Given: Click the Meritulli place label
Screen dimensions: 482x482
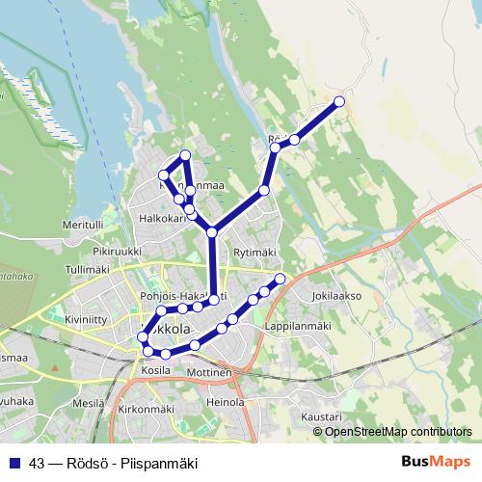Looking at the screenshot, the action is [82, 224].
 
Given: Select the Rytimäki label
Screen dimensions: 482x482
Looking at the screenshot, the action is [254, 253].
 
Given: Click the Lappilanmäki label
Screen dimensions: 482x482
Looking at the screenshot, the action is [298, 326].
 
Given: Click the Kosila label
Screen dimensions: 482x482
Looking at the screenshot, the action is [155, 370].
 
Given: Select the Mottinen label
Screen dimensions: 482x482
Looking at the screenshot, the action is [209, 372].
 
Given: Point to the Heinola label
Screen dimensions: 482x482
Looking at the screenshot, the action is [225, 401].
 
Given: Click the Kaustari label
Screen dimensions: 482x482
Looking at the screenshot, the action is [321, 416].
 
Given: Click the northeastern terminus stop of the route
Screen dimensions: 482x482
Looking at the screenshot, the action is [339, 101].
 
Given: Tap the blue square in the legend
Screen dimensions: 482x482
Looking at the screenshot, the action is [14, 464].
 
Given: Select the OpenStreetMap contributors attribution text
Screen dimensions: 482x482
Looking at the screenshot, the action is [398, 431].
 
